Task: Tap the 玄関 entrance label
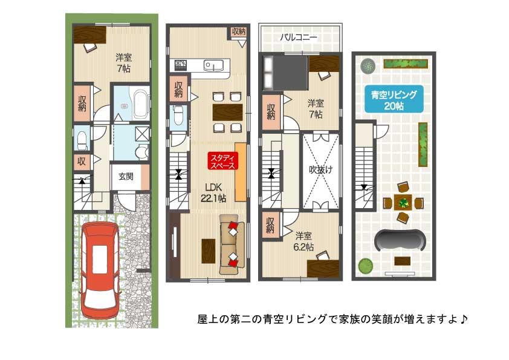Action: click(x=125, y=177)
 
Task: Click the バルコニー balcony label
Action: click(x=298, y=38)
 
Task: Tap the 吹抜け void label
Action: click(x=320, y=170)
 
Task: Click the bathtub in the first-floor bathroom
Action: click(x=140, y=104)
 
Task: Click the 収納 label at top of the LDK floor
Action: click(x=238, y=31)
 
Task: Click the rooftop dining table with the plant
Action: click(x=402, y=202)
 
